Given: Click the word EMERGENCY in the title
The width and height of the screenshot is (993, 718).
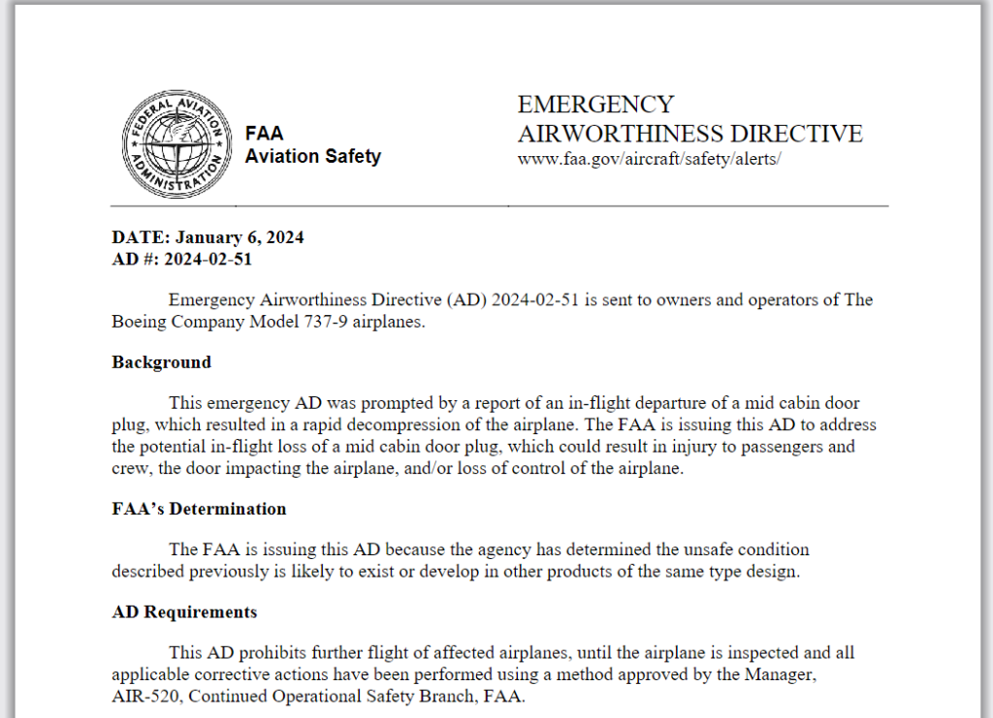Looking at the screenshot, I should click(x=595, y=105).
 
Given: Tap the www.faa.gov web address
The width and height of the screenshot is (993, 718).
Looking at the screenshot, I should click(x=649, y=159).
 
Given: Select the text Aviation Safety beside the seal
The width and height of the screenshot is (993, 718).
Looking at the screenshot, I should click(x=312, y=156).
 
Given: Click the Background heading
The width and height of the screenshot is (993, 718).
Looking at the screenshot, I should click(x=161, y=362).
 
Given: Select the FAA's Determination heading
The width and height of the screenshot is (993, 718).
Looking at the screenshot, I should click(x=199, y=509).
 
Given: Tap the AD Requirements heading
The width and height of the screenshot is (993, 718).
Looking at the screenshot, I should click(x=184, y=612).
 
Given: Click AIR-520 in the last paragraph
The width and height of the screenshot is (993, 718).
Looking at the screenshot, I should click(x=143, y=696).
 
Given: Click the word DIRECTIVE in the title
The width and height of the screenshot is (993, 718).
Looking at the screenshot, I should click(x=796, y=133).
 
